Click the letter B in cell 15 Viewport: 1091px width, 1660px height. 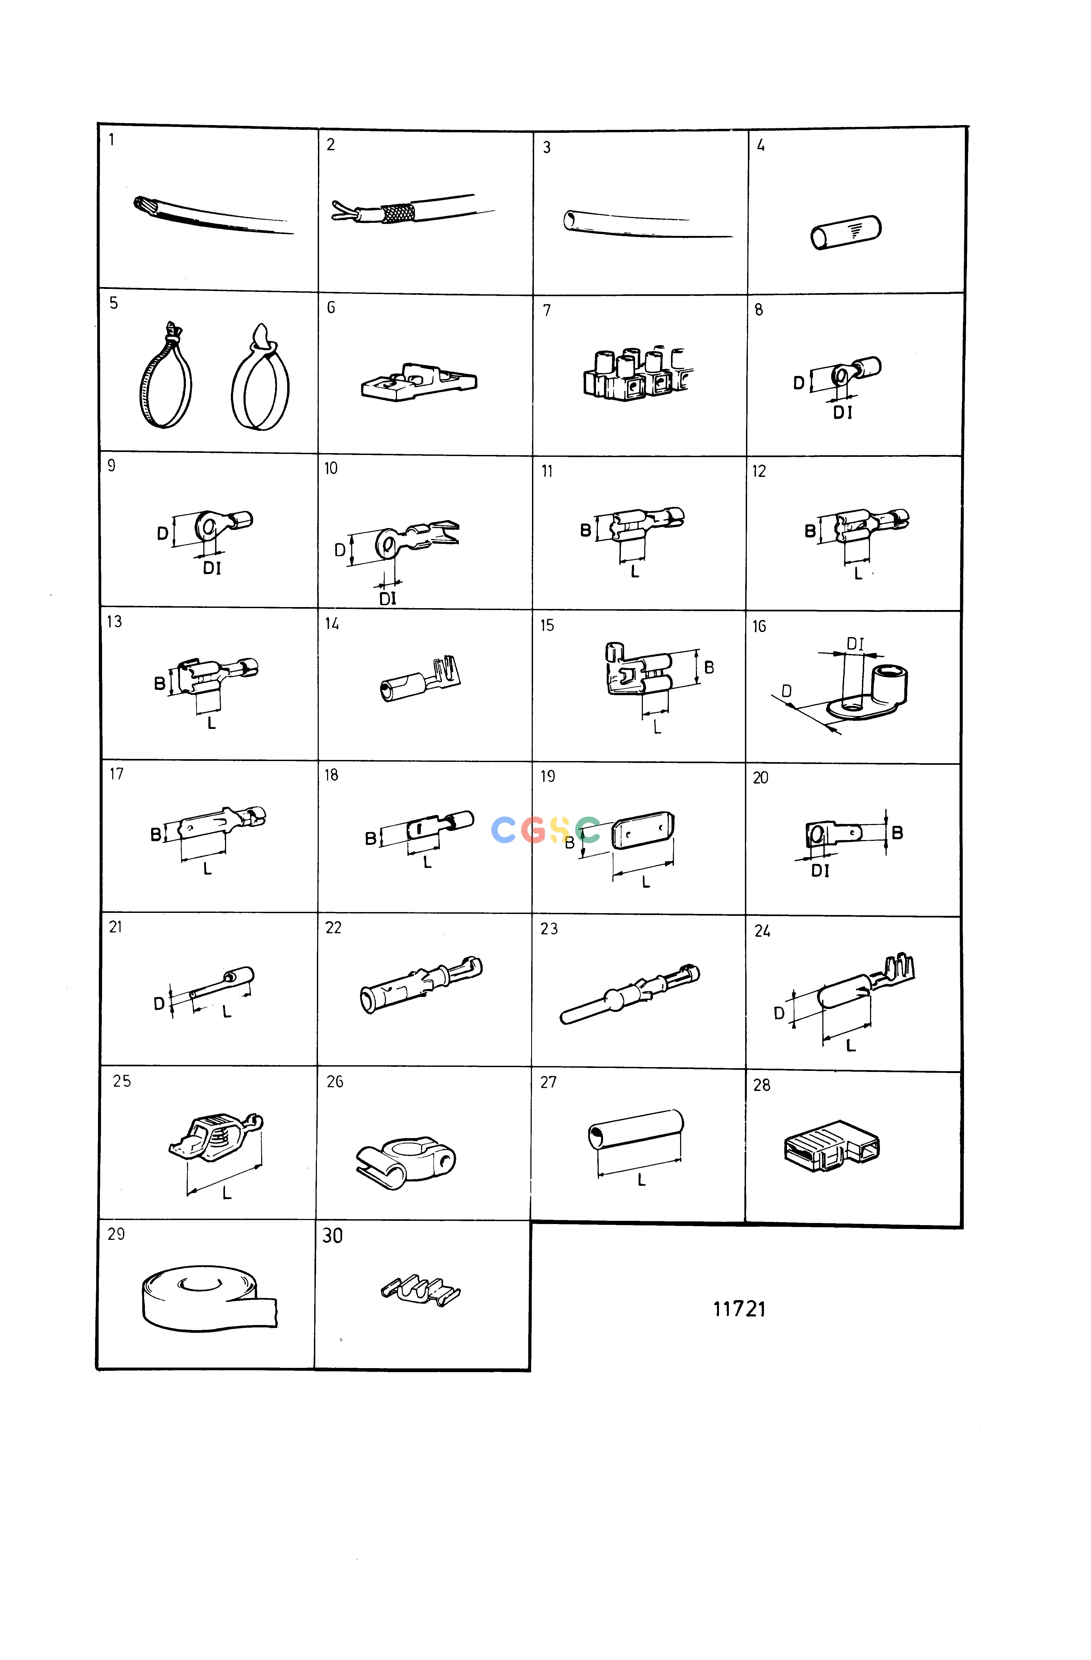709,668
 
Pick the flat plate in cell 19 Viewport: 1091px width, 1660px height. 643,831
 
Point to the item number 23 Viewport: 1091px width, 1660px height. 549,928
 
